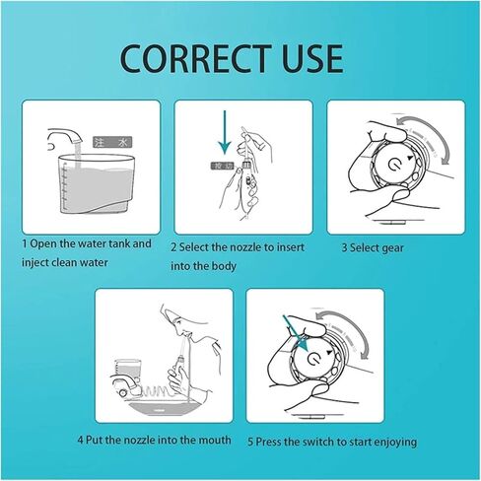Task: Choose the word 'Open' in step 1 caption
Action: point(44,243)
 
